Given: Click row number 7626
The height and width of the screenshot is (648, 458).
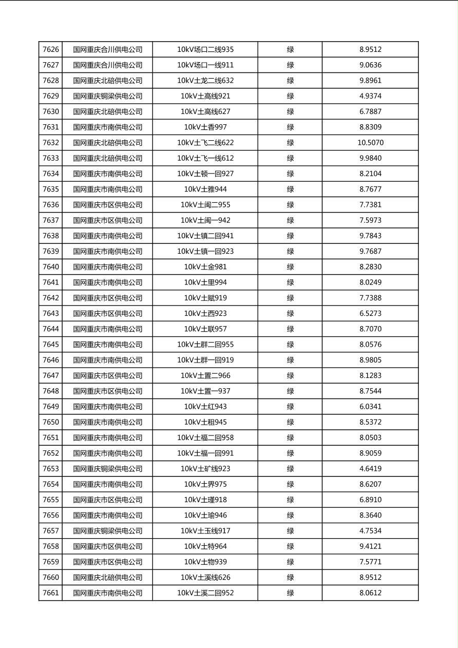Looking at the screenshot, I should click(x=51, y=50).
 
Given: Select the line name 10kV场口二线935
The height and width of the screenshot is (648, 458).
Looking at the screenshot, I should click(x=205, y=50).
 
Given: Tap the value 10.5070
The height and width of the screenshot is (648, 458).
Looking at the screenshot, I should click(x=370, y=143).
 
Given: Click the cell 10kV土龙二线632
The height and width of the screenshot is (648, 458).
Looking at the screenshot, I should click(x=205, y=81).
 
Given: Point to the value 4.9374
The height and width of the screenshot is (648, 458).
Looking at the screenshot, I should click(x=370, y=96).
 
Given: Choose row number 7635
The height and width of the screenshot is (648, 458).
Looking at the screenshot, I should click(x=51, y=189).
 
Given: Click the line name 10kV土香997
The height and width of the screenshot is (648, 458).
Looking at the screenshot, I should click(x=205, y=127).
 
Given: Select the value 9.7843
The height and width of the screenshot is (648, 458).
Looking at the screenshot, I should click(x=370, y=236).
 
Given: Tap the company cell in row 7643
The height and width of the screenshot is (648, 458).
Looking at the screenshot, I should click(x=107, y=313).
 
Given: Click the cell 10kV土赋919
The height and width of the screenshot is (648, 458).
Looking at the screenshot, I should click(x=205, y=298).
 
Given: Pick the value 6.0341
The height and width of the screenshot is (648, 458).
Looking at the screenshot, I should click(x=370, y=407).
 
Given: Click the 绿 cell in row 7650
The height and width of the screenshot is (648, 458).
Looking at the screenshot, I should click(x=290, y=422).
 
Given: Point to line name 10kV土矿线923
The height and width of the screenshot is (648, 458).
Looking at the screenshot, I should click(x=205, y=469).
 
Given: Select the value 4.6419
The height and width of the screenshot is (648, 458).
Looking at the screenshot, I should click(x=370, y=469).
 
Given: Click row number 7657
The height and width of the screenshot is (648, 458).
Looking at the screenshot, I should click(x=51, y=531).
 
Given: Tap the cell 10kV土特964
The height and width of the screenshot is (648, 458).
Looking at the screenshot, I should click(x=205, y=546).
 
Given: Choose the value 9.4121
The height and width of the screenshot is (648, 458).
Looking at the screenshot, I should click(x=370, y=546).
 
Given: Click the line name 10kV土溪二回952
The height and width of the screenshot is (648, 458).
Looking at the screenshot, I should click(x=205, y=593).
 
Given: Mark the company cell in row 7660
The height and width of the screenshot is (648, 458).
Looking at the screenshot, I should click(x=107, y=578).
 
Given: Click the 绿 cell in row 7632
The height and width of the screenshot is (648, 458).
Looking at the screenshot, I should click(x=290, y=143).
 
